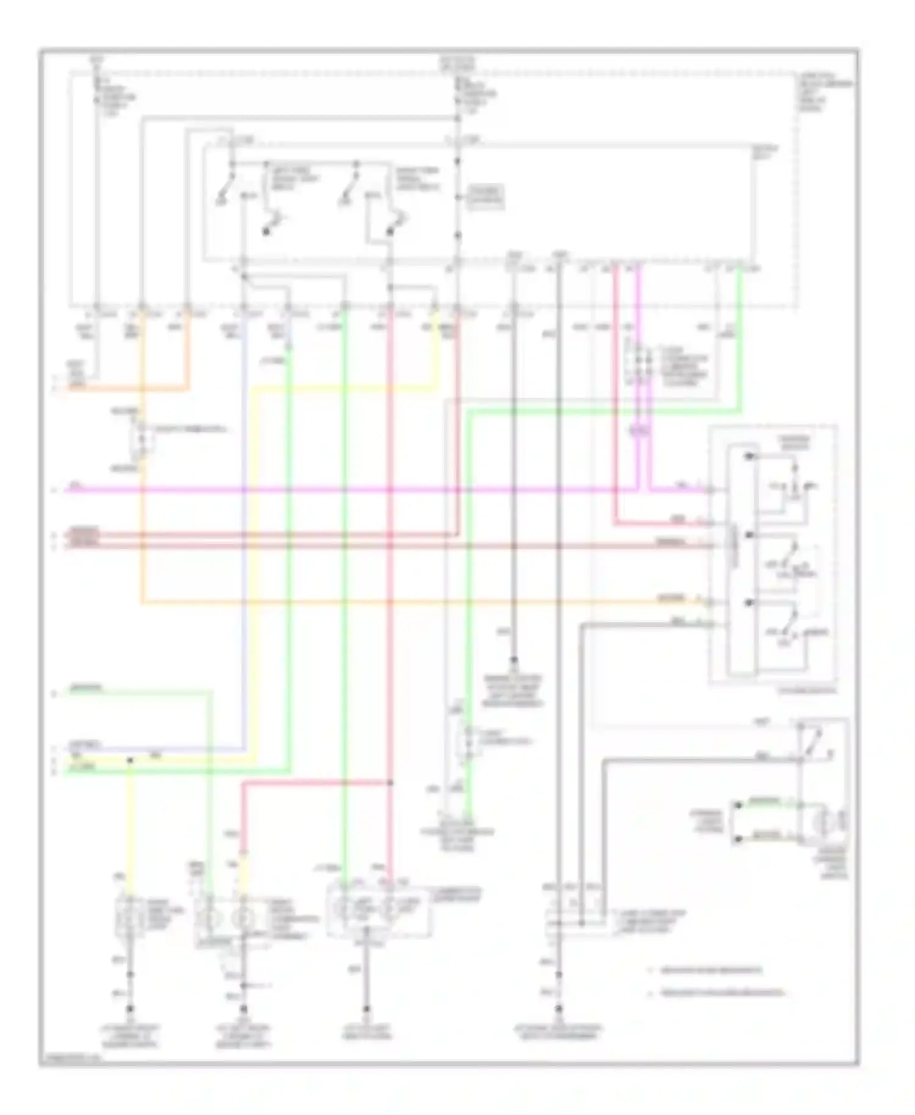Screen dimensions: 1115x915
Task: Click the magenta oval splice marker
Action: (x=639, y=431)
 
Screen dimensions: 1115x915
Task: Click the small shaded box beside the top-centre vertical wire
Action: (x=486, y=197)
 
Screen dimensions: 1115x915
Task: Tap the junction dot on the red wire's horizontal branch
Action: (x=390, y=783)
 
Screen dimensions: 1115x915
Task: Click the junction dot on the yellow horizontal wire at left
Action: (x=130, y=760)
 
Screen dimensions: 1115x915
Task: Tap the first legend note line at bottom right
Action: (x=708, y=970)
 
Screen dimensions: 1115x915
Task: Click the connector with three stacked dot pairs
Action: (x=638, y=365)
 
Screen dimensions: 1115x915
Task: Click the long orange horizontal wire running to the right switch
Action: (x=396, y=603)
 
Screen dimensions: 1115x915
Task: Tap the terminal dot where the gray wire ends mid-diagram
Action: (x=514, y=661)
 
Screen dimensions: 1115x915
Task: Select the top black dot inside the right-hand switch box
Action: (x=749, y=456)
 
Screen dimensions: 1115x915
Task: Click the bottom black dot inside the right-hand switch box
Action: (x=749, y=603)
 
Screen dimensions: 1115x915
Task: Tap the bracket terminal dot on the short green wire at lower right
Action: (x=738, y=805)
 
